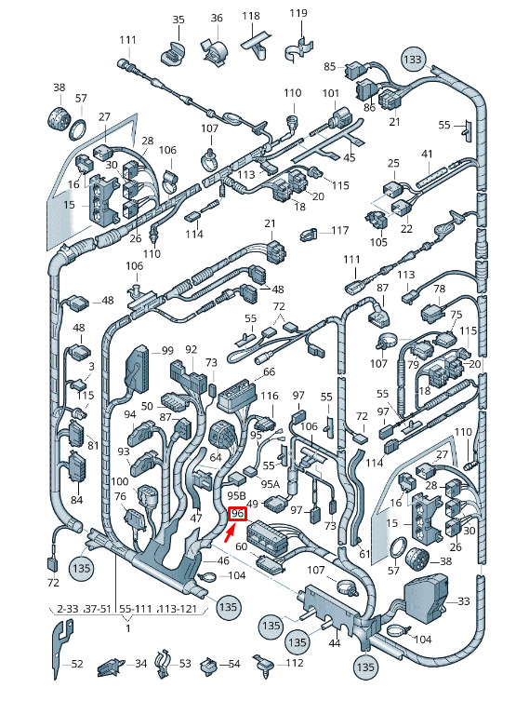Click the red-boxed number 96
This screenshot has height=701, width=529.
237,514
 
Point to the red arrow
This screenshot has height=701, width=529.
230,533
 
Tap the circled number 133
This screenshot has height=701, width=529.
413,59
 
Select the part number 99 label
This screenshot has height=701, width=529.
167,350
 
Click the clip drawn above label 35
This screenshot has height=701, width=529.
172,54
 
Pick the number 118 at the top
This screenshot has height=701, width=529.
251,16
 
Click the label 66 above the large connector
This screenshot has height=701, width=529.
270,372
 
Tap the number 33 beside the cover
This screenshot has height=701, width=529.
464,601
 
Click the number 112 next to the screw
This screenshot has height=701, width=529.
295,663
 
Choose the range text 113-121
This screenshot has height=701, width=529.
179,609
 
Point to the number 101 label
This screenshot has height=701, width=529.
331,93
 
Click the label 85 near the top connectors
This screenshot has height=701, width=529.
329,67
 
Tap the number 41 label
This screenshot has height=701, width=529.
428,155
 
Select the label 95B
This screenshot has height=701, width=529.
236,495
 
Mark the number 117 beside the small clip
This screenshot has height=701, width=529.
340,230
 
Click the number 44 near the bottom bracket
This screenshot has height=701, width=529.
335,643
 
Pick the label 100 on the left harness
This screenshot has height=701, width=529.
120,481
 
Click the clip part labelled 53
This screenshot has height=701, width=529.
163,663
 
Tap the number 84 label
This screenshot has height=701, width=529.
77,499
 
